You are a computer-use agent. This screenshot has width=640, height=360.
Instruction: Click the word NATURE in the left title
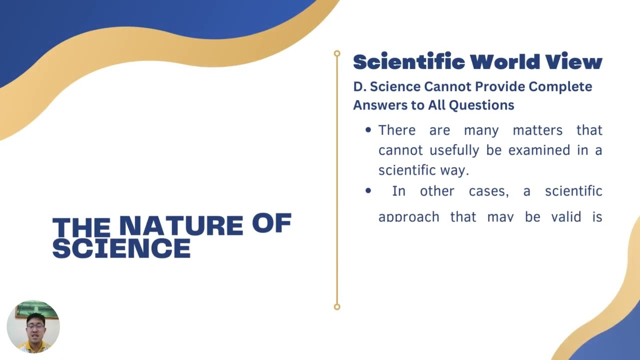180,226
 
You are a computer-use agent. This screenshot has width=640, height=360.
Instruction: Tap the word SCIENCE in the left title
121,248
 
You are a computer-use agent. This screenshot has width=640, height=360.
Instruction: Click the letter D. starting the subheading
359,86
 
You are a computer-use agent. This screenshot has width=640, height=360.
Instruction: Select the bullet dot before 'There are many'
368,130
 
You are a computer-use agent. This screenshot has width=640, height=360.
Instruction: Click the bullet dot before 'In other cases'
368,190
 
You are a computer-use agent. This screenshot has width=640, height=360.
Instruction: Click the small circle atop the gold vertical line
337,53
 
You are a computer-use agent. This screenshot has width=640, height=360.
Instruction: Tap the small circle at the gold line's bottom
337,306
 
